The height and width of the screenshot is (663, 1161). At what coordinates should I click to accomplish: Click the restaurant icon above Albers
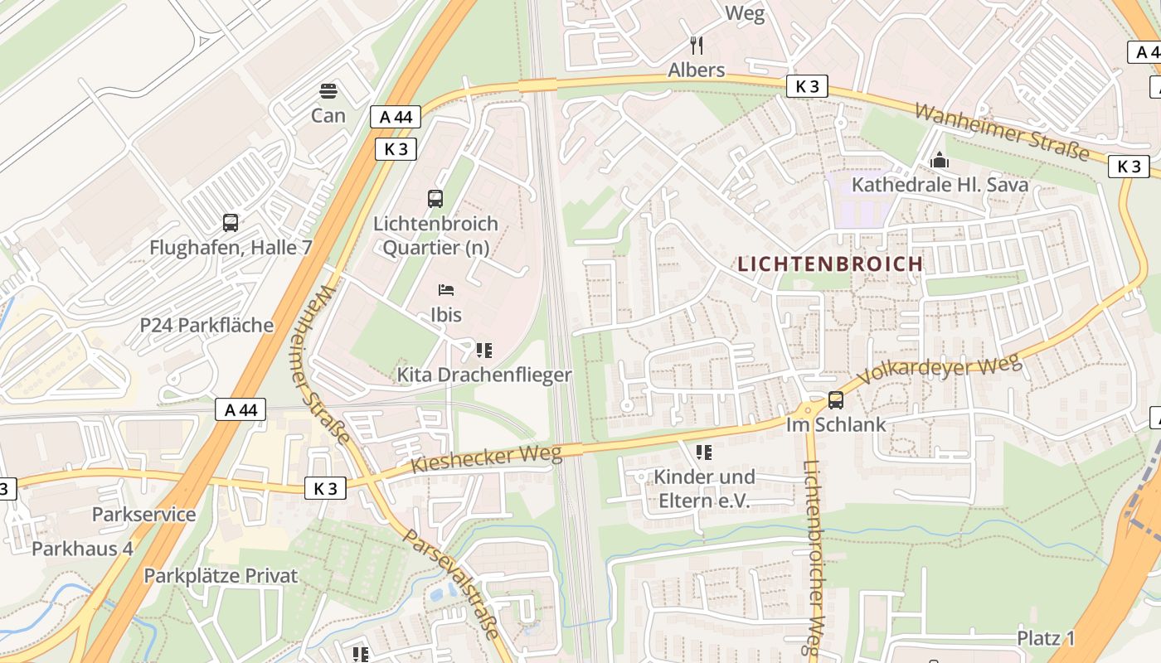click(697, 45)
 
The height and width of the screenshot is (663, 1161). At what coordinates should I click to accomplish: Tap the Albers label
click(697, 70)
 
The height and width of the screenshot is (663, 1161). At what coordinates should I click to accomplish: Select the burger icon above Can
click(328, 90)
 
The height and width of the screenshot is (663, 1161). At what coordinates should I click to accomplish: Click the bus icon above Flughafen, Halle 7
click(231, 222)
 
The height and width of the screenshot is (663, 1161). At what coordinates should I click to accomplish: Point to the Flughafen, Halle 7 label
click(231, 247)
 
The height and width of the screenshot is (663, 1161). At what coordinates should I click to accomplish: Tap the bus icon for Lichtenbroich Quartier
click(435, 198)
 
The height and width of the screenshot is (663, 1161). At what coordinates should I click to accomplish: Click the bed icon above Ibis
click(446, 290)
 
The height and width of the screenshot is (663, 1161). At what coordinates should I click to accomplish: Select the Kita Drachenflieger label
click(484, 375)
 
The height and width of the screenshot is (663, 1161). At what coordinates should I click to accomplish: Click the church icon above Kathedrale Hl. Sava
click(940, 159)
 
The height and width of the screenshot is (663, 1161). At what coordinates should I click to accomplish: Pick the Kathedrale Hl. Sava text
click(940, 184)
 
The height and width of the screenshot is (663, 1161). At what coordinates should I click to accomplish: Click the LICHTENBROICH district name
click(830, 264)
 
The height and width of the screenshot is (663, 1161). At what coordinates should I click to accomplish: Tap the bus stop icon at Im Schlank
click(836, 400)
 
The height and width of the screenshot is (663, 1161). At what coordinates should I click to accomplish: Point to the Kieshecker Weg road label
click(487, 459)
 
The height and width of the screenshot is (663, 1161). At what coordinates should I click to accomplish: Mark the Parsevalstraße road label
click(452, 583)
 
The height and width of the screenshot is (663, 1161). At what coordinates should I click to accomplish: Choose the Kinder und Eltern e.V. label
click(704, 489)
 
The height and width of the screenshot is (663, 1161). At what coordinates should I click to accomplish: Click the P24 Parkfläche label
click(206, 325)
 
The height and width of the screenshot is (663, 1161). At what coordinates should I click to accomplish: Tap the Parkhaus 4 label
click(82, 549)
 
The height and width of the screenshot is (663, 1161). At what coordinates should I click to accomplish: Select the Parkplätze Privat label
click(221, 575)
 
